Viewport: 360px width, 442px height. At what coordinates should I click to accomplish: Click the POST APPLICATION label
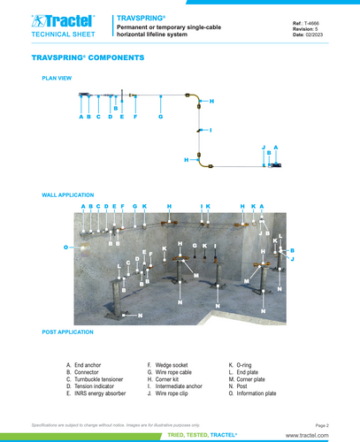67,331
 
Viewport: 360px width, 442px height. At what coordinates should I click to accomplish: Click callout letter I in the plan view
211,130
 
